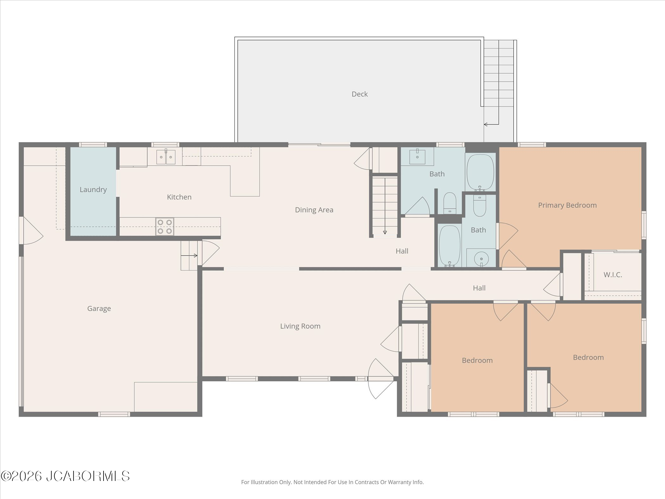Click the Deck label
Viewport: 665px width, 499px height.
click(360, 94)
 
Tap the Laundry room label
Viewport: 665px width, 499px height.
click(93, 189)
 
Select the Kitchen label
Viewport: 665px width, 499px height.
click(179, 197)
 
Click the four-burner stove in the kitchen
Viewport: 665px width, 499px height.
click(165, 227)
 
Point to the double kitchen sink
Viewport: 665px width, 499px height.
click(166, 157)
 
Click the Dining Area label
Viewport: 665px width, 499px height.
click(314, 210)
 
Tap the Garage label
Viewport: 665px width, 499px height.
click(99, 309)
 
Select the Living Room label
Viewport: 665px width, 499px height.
click(300, 326)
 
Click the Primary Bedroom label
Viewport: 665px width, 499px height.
click(567, 205)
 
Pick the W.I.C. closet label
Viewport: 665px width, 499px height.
click(613, 275)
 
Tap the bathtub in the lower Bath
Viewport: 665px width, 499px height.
click(449, 246)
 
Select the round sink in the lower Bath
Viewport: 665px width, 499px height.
click(481, 259)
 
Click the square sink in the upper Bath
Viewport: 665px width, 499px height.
click(417, 157)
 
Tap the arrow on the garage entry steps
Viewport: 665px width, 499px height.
click(189, 255)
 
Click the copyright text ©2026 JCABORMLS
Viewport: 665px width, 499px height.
click(65, 476)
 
